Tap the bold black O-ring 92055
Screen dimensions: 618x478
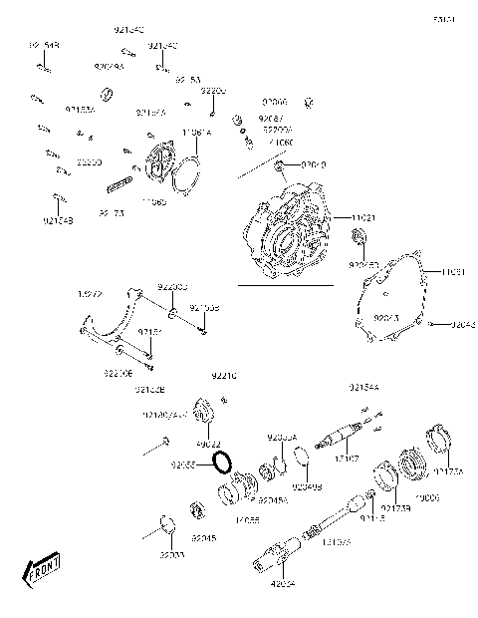tap(224, 463)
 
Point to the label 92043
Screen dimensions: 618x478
tap(462, 325)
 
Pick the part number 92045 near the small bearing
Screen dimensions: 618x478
tap(203, 537)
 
